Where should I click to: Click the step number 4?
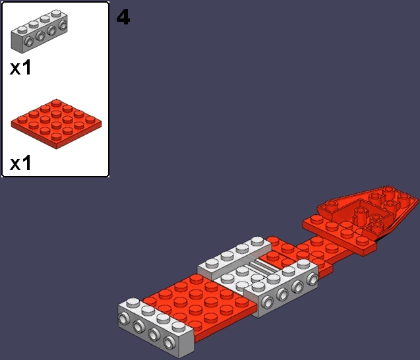pyautogui.click(x=123, y=17)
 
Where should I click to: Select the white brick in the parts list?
pyautogui.click(x=39, y=31)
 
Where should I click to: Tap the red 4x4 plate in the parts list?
pyautogui.click(x=56, y=124)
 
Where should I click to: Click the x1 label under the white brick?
pyautogui.click(x=20, y=67)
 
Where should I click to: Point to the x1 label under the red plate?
pyautogui.click(x=20, y=163)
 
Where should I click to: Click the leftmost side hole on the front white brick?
pyautogui.click(x=123, y=319)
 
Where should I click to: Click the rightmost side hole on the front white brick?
pyautogui.click(x=169, y=342)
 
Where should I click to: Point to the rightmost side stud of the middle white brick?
pyautogui.click(x=313, y=279)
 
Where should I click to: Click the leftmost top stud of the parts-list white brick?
pyautogui.click(x=22, y=30)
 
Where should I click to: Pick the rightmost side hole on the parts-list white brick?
pyautogui.click(x=63, y=25)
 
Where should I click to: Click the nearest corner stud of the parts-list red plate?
pyautogui.click(x=55, y=136)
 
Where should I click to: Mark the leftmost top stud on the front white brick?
pyautogui.click(x=133, y=303)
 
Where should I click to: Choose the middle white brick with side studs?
pyautogui.click(x=282, y=288)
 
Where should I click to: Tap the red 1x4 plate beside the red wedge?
pyautogui.click(x=340, y=233)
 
